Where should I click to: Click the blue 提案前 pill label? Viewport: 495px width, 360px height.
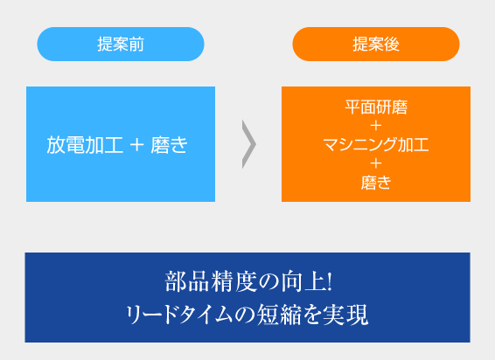[x=121, y=45]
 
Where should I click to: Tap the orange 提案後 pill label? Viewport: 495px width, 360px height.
[x=376, y=45]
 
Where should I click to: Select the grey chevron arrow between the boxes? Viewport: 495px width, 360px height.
[x=248, y=144]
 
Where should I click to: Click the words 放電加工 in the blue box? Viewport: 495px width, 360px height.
[x=85, y=145]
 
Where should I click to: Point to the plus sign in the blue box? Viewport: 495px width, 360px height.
[x=136, y=145]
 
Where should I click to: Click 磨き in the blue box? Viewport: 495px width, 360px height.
[x=169, y=145]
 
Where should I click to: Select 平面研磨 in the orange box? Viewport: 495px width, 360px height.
[x=376, y=107]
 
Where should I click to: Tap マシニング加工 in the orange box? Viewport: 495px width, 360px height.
[x=376, y=145]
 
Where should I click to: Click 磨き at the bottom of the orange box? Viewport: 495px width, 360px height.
[x=376, y=183]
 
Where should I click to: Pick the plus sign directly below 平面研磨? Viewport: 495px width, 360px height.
[x=376, y=126]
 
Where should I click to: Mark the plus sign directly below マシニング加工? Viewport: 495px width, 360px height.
[x=376, y=163]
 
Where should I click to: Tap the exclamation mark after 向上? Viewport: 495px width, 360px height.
[x=330, y=281]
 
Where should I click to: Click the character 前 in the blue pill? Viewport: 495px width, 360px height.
[x=136, y=45]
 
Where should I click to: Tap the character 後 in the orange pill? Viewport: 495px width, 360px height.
[x=392, y=45]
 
